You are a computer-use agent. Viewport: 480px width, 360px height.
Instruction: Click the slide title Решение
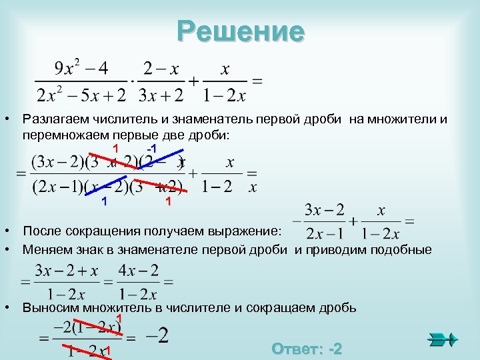pos(241,31)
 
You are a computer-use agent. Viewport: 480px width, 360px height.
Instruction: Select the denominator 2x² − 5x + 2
pos(81,96)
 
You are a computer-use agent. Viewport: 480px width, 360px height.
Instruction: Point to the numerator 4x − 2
pos(137,270)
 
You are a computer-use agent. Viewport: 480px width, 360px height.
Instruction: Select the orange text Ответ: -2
pos(307,349)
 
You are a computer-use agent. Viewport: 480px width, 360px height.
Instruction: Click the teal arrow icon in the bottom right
pos(442,339)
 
